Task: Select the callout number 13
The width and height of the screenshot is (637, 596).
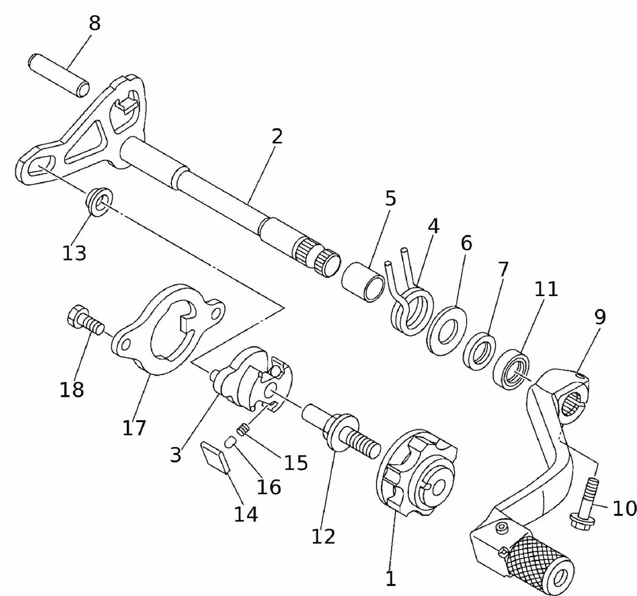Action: (x=74, y=253)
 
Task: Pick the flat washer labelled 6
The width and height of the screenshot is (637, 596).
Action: (x=448, y=329)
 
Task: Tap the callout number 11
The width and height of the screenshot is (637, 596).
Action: (x=546, y=289)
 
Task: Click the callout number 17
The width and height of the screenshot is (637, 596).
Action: (x=134, y=428)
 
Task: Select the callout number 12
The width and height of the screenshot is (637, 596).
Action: (x=324, y=536)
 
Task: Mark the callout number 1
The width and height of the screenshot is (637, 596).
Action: (x=390, y=579)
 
